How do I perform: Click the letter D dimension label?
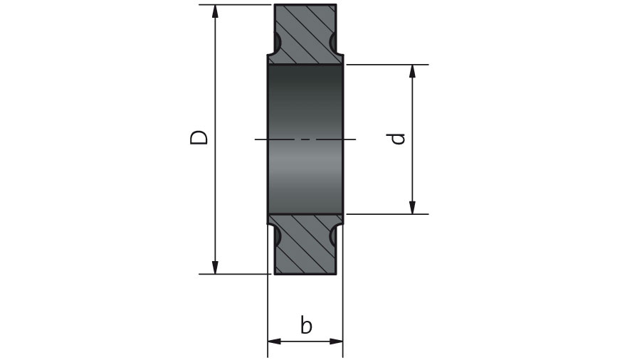199,138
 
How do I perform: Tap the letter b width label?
306,325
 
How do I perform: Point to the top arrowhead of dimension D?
214,12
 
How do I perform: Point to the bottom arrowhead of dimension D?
214,267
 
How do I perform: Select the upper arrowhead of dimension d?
412,72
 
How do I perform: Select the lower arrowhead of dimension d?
412,207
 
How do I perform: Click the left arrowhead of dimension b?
275,342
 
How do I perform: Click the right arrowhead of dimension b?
336,342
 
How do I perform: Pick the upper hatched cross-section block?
305,34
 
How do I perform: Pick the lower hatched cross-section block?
305,244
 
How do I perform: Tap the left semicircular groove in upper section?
277,42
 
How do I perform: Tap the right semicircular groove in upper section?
334,42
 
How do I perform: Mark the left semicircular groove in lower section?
277,236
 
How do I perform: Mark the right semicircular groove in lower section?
334,236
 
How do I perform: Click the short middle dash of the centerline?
305,139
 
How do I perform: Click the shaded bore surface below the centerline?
305,176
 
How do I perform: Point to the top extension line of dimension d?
387,65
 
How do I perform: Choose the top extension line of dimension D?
235,4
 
